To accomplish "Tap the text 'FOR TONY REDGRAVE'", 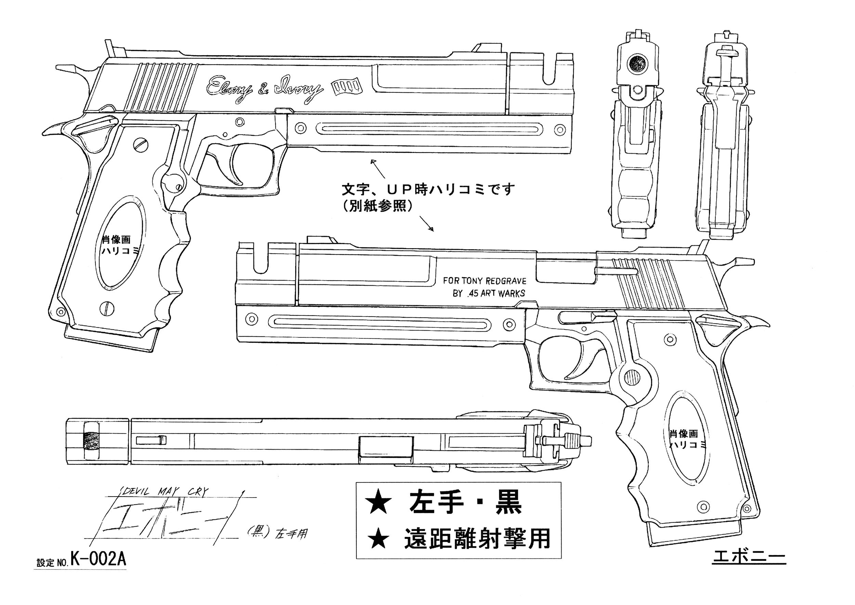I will [x=485, y=281].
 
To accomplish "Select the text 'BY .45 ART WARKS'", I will [x=489, y=293].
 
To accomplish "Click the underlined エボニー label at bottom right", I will [x=749, y=558].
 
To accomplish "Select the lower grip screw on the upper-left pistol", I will [x=107, y=308].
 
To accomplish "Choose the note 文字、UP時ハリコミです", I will [x=428, y=189].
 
